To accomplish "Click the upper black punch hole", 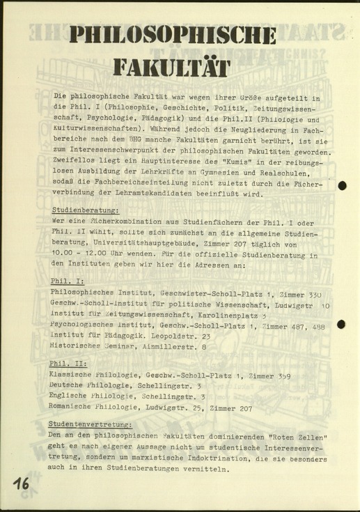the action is [x=342, y=185].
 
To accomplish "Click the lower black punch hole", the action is [x=342, y=324].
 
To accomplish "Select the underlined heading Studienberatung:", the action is [x=86, y=210].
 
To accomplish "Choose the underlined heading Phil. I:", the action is [x=67, y=281].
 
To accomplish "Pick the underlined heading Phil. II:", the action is [x=68, y=364].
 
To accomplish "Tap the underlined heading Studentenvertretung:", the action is [x=90, y=424].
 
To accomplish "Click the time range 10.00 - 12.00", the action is [x=82, y=245].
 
